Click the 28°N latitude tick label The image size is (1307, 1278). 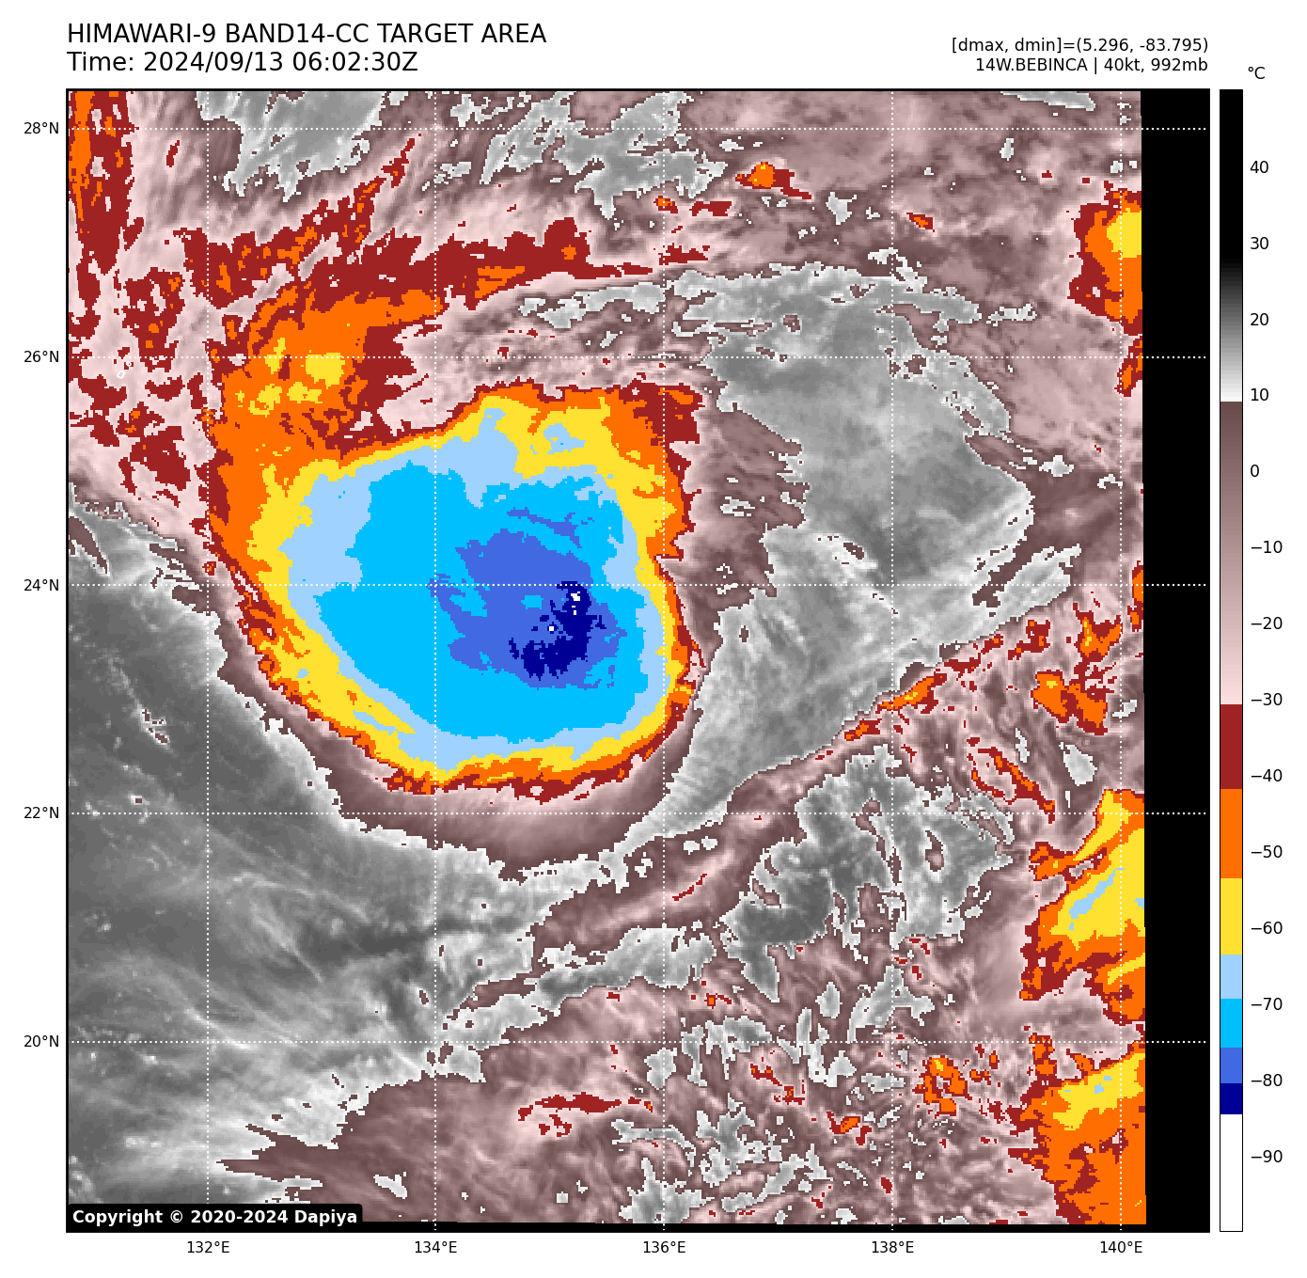(x=41, y=129)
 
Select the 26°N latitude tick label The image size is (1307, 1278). (x=41, y=357)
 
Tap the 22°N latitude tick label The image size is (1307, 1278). (x=41, y=813)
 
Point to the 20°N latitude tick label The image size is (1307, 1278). (x=41, y=1042)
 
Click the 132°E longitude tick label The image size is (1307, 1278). (x=208, y=1248)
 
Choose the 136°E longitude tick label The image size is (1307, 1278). (x=664, y=1248)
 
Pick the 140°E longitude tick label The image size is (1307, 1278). (x=1121, y=1248)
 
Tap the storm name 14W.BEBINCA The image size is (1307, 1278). (x=1031, y=66)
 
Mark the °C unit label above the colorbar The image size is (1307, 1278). (x=1256, y=73)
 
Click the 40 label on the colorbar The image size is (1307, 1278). (x=1259, y=167)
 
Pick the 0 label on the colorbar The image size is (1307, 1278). (x=1254, y=471)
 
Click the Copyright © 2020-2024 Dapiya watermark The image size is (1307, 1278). (x=214, y=1217)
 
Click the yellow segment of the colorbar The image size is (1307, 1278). (x=1231, y=917)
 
